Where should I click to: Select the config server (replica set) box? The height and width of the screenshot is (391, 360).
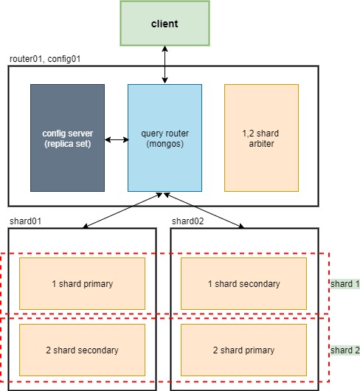[x=67, y=138]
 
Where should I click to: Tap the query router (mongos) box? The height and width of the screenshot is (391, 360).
[x=165, y=138]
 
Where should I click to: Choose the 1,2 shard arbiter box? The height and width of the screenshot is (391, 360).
[x=261, y=138]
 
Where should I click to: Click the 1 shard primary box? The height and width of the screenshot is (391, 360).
[x=82, y=283]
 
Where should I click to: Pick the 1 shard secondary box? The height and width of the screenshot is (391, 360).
[x=243, y=283]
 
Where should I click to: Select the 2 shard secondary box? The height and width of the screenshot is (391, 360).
[x=82, y=350]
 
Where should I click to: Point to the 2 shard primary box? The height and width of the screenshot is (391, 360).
[x=243, y=350]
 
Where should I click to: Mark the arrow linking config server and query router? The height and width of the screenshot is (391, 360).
[x=116, y=139]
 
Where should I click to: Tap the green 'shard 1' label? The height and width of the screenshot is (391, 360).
[x=345, y=283]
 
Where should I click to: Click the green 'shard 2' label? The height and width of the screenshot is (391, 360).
[x=345, y=350]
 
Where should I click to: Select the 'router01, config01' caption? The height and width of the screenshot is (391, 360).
[x=44, y=58]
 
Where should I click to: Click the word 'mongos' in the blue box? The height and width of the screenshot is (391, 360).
[x=165, y=144]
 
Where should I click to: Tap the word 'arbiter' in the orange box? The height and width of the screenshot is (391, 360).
[x=261, y=144]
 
